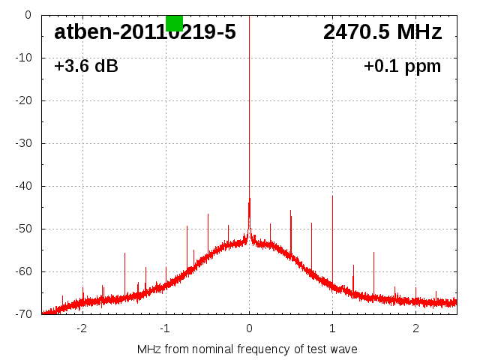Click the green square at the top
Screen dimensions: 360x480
[174, 22]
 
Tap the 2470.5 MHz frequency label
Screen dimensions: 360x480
[382, 32]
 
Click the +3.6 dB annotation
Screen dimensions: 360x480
[86, 67]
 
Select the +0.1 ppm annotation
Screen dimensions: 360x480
[402, 67]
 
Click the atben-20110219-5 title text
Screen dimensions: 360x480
[145, 32]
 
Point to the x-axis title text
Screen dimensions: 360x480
[247, 349]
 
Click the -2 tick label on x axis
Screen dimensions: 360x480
[82, 328]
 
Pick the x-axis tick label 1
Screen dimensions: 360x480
[332, 328]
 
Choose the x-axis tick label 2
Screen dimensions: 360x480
[415, 328]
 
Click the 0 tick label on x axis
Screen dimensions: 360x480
[249, 328]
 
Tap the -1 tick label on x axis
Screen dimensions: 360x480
[165, 328]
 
